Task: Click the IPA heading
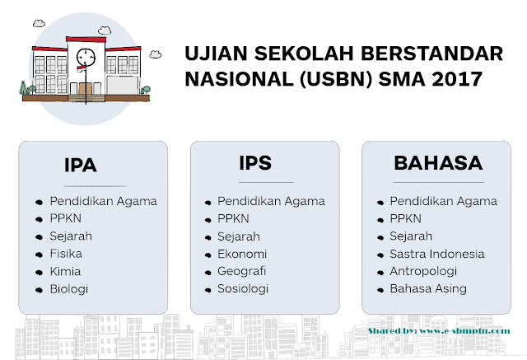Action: pyautogui.click(x=81, y=166)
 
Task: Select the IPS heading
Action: pyautogui.click(x=255, y=163)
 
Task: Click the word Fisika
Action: pyautogui.click(x=66, y=254)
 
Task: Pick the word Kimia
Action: pyautogui.click(x=66, y=271)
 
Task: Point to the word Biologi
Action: pyautogui.click(x=69, y=289)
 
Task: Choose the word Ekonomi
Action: pyautogui.click(x=241, y=254)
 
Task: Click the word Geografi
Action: pyautogui.click(x=242, y=271)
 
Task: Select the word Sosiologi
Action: pyautogui.click(x=243, y=289)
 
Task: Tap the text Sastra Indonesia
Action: pyautogui.click(x=436, y=254)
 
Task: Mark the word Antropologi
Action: pyautogui.click(x=423, y=271)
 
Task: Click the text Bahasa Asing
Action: pyautogui.click(x=428, y=289)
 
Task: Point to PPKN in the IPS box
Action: pyautogui.click(x=234, y=218)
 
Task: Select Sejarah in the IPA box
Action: pyautogui.click(x=71, y=236)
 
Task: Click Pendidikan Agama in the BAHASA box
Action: pyautogui.click(x=443, y=201)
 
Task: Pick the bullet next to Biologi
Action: pyautogui.click(x=39, y=290)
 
